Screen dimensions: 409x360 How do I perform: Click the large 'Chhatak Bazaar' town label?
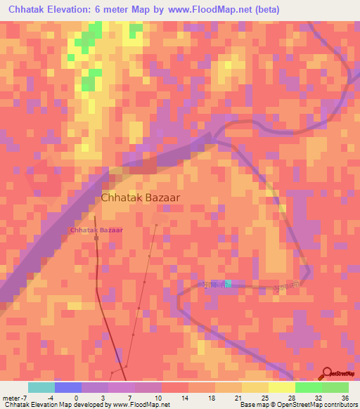(140, 198)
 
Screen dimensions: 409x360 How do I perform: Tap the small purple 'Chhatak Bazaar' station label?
(96, 230)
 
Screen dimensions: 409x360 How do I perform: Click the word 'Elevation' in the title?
(78, 10)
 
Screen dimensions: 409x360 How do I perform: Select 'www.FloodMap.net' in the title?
(214, 10)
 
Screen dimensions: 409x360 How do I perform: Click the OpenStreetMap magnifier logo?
(328, 372)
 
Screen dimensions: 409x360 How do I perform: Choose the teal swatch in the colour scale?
(41, 387)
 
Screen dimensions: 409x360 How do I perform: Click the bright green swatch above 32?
(308, 387)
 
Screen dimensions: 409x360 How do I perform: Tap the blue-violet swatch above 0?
(67, 387)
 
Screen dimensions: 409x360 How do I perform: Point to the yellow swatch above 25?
(255, 387)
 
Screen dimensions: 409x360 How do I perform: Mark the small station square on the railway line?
(96, 238)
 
